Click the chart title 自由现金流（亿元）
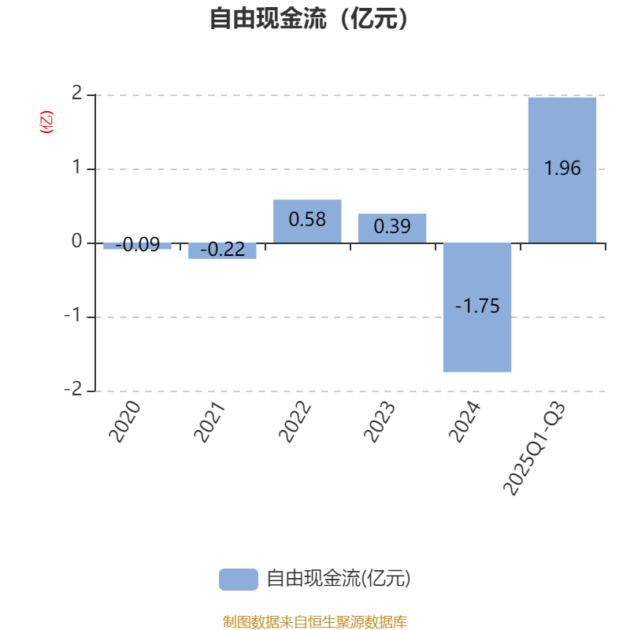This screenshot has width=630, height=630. point(309,18)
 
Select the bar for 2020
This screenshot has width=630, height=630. point(137,246)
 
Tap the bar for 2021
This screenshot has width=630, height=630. point(222,250)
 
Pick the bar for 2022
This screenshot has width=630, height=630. point(307,221)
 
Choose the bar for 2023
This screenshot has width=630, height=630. point(392,228)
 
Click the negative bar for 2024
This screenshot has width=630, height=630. point(477,307)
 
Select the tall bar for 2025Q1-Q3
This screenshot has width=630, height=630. point(562,170)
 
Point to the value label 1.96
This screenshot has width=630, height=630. point(562,168)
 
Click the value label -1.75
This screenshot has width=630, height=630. point(477,306)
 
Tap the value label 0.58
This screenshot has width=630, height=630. point(307,220)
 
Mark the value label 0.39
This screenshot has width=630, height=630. point(392,226)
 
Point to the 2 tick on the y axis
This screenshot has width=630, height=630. point(76,93)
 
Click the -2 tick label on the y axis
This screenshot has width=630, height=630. point(73,389)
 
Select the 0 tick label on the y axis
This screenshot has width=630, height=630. point(76,241)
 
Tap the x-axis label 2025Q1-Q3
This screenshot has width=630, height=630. point(535,448)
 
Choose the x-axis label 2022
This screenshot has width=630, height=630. point(295,422)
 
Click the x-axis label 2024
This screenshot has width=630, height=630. point(465,422)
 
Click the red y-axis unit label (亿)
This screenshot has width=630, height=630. point(46,122)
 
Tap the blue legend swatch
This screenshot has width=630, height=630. point(239,580)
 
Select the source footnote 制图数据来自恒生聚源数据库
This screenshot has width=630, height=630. point(314,621)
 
